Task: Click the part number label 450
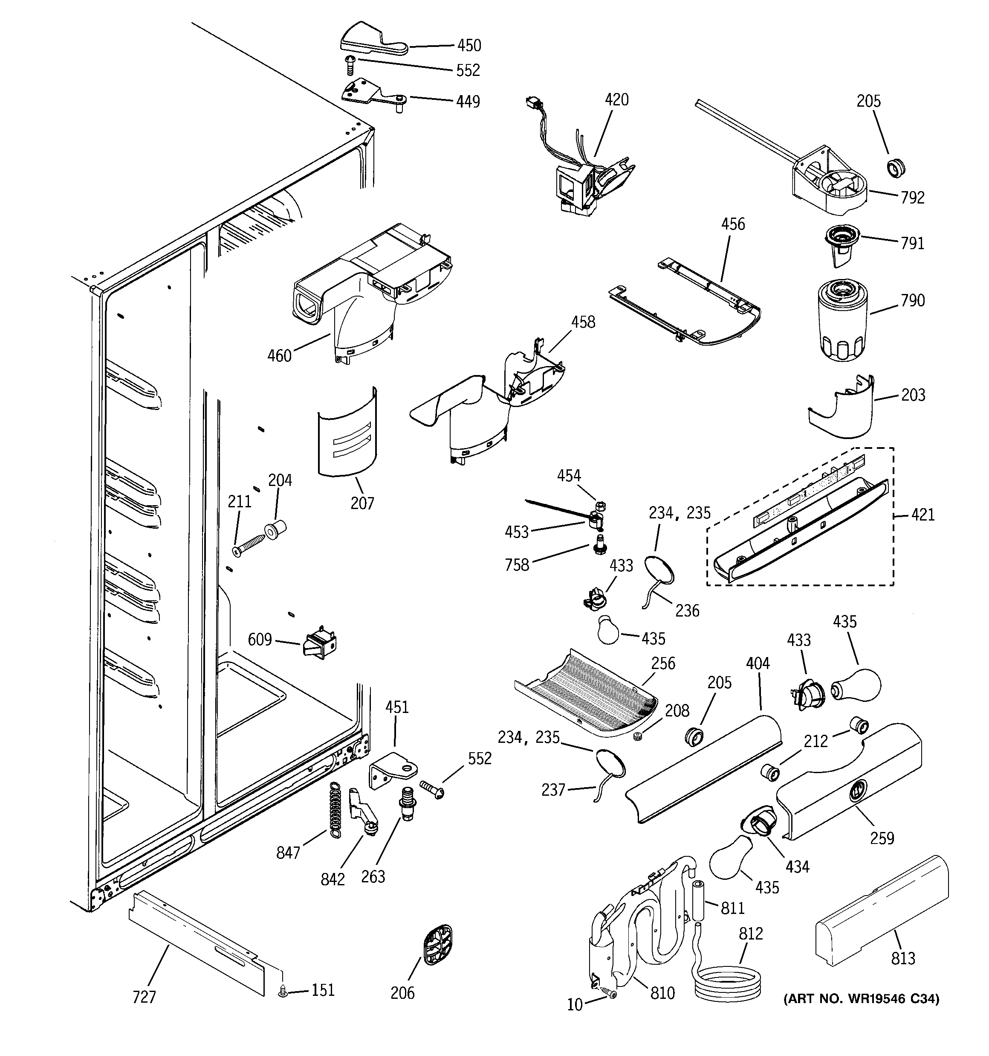[x=469, y=46]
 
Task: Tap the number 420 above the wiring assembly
[x=616, y=100]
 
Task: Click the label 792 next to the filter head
[x=912, y=198]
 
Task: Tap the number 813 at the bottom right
[x=903, y=959]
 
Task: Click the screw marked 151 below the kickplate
[x=283, y=991]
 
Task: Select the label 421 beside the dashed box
[x=922, y=514]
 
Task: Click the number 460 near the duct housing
[x=279, y=355]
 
